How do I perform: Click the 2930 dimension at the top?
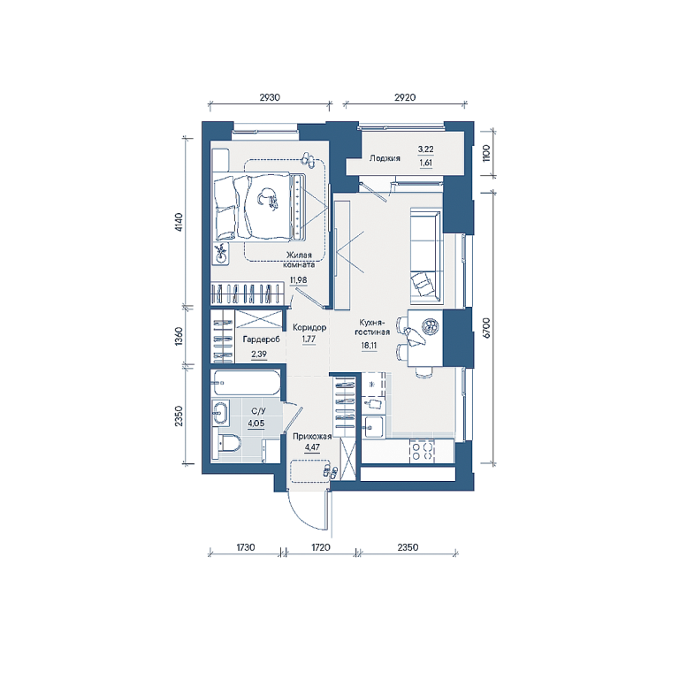click(270, 97)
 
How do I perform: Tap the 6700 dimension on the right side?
click(487, 327)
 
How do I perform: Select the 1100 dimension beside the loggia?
click(486, 153)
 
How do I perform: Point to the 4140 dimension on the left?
click(179, 222)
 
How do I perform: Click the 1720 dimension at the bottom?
click(321, 547)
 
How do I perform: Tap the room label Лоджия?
click(385, 158)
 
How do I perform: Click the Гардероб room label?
click(261, 339)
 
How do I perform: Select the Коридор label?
click(309, 327)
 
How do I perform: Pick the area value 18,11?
click(369, 346)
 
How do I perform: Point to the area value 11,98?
click(298, 280)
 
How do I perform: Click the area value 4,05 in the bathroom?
click(256, 423)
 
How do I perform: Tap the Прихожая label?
click(312, 437)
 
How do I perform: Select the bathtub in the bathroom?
click(246, 383)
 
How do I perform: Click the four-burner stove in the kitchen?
click(422, 450)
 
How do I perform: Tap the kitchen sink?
click(373, 426)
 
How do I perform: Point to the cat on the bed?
click(268, 198)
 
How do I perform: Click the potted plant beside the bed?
click(221, 254)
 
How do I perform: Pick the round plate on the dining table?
click(431, 326)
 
